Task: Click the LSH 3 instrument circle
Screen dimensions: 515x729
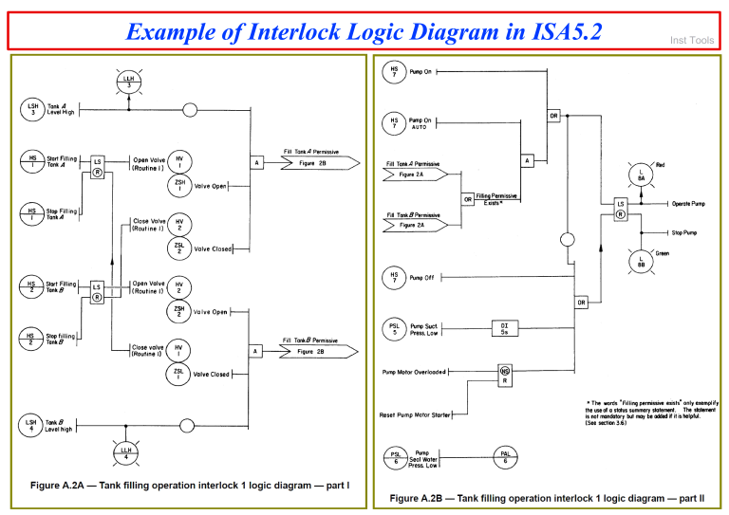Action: (x=31, y=109)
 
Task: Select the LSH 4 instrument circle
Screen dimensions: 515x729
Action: (x=31, y=425)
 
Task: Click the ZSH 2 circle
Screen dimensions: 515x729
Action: (x=178, y=309)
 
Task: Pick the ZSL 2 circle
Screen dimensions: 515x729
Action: (x=178, y=248)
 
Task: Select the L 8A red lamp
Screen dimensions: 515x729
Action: (x=643, y=174)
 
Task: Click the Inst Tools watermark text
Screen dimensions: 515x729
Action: (x=692, y=40)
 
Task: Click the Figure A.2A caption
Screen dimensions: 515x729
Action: (x=190, y=485)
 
